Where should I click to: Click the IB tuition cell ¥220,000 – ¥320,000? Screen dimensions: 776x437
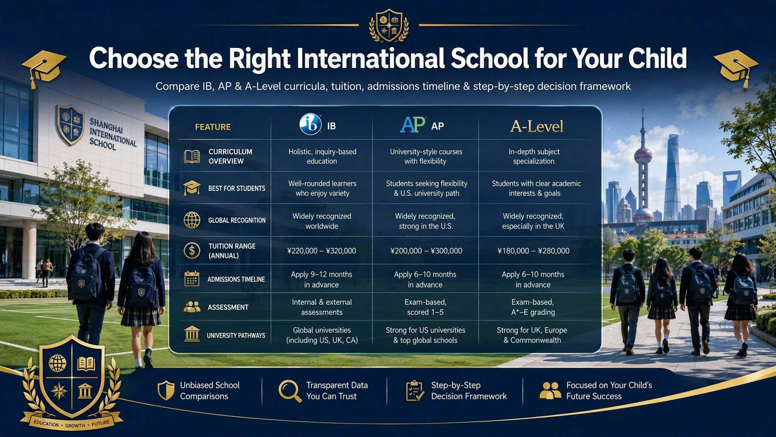(x=321, y=251)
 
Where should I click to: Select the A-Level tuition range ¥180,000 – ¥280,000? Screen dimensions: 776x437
(x=533, y=251)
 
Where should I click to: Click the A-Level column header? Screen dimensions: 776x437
(x=537, y=126)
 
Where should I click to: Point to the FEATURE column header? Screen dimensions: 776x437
(x=213, y=127)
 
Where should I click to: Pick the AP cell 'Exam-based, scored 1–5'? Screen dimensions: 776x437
(x=425, y=307)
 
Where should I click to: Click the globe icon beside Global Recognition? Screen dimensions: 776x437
(x=191, y=220)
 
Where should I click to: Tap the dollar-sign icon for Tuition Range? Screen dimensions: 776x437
(x=191, y=251)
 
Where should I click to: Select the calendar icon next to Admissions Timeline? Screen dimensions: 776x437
(x=191, y=279)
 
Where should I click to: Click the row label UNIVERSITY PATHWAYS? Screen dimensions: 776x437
(x=236, y=335)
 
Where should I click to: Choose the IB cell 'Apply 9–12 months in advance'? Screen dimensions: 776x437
(x=321, y=279)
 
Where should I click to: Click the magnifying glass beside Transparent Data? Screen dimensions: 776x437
(x=290, y=391)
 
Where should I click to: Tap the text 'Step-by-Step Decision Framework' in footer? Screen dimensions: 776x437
(x=469, y=390)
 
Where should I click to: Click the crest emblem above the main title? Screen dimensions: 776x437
(x=389, y=26)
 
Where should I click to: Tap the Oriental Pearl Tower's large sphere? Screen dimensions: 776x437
(x=643, y=155)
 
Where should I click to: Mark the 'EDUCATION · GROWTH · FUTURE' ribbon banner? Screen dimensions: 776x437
(x=72, y=422)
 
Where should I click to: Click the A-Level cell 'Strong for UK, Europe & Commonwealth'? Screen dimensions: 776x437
(x=532, y=335)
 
